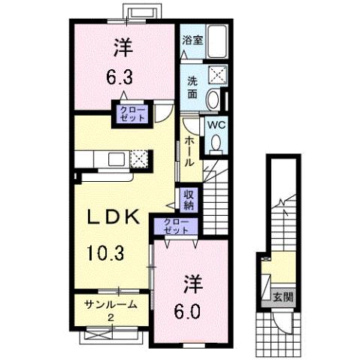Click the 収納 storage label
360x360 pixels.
(187, 198)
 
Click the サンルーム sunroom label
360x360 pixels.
(110, 304)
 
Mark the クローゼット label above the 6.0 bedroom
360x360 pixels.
(174, 226)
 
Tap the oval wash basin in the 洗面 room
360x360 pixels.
(213, 98)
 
